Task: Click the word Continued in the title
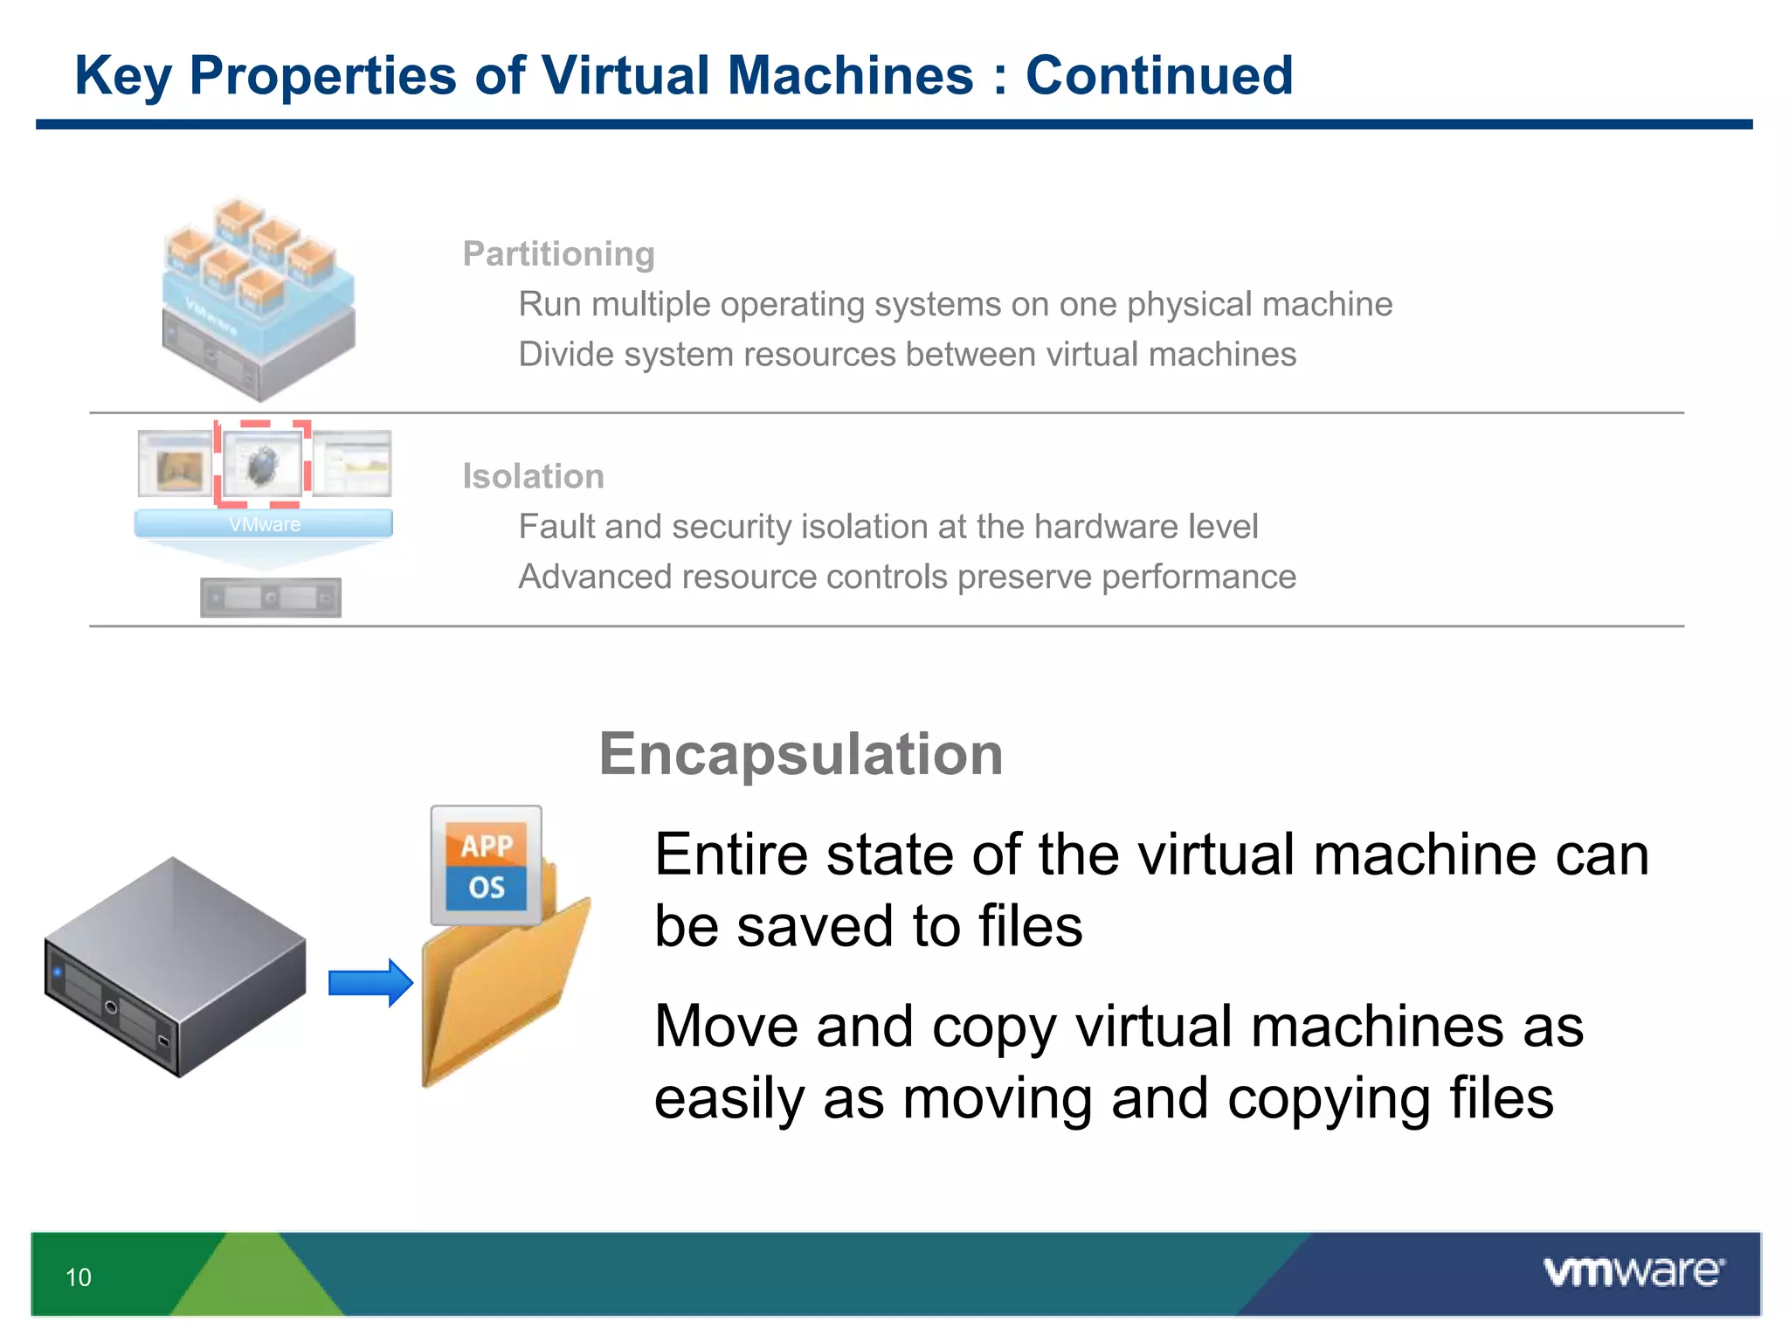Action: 1158,75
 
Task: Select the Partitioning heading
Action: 558,254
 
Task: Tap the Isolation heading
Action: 533,477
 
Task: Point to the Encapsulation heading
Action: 800,754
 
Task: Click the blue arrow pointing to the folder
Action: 370,983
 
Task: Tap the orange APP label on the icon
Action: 487,845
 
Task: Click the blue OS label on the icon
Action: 487,888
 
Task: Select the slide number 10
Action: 79,1277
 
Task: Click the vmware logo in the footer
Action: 1633,1272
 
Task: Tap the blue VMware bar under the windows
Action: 264,524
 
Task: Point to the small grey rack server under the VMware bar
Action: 271,598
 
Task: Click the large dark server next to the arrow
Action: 175,965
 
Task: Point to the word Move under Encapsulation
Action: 727,1026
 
